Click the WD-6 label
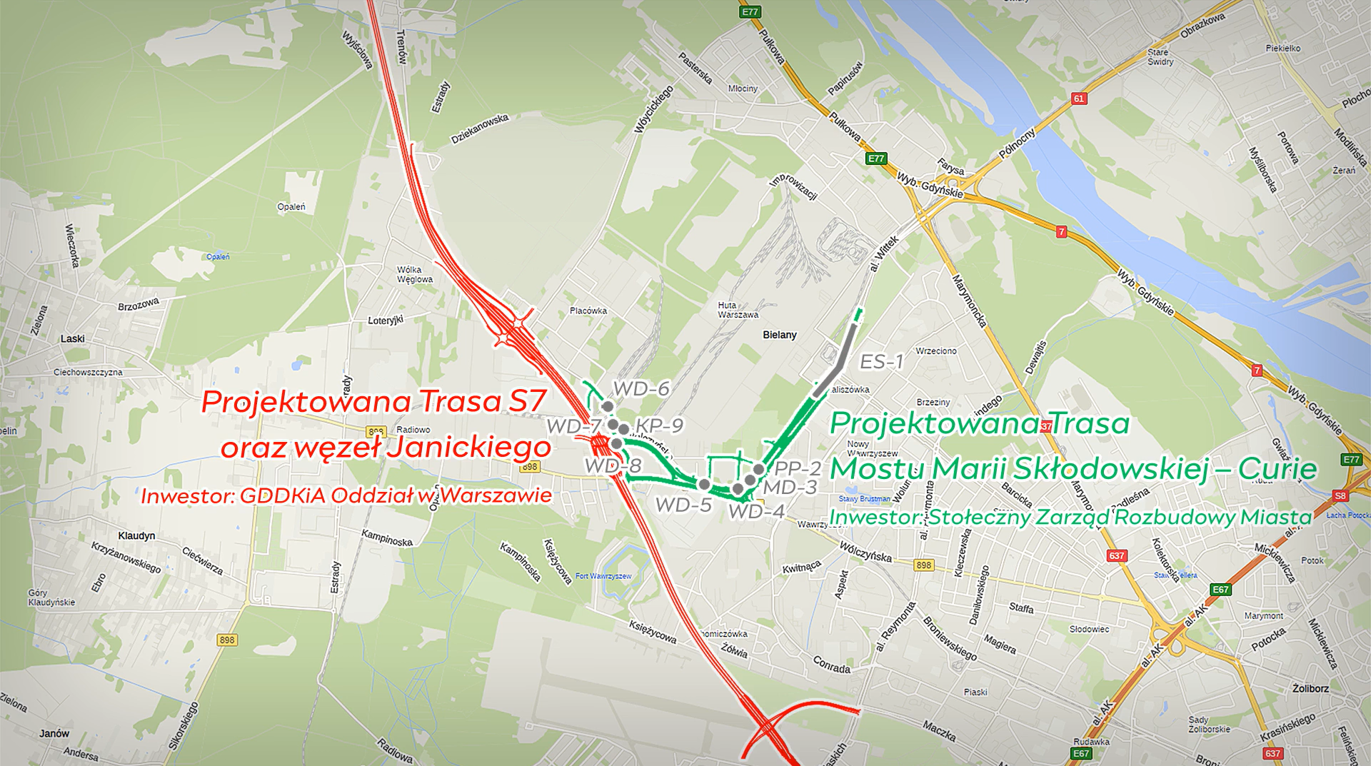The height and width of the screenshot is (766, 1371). [641, 389]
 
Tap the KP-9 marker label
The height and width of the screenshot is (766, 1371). [659, 425]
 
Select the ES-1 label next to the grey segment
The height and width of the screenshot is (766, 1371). [882, 362]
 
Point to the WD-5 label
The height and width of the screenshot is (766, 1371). [683, 505]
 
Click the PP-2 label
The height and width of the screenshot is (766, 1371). [798, 469]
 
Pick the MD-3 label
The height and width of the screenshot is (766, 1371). [790, 488]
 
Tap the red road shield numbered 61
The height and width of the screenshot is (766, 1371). [1078, 99]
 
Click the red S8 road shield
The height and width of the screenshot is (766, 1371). [1340, 495]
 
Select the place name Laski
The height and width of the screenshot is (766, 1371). [73, 338]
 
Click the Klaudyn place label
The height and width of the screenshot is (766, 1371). [136, 535]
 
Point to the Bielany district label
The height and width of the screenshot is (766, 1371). [780, 335]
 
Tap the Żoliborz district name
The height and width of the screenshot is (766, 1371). [1310, 688]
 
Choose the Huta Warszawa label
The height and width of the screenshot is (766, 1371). [738, 310]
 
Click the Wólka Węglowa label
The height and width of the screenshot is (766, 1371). [415, 274]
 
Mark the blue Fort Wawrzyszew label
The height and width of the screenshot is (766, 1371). [603, 576]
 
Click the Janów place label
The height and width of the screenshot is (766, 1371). [54, 733]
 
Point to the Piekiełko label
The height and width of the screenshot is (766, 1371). [1283, 49]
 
